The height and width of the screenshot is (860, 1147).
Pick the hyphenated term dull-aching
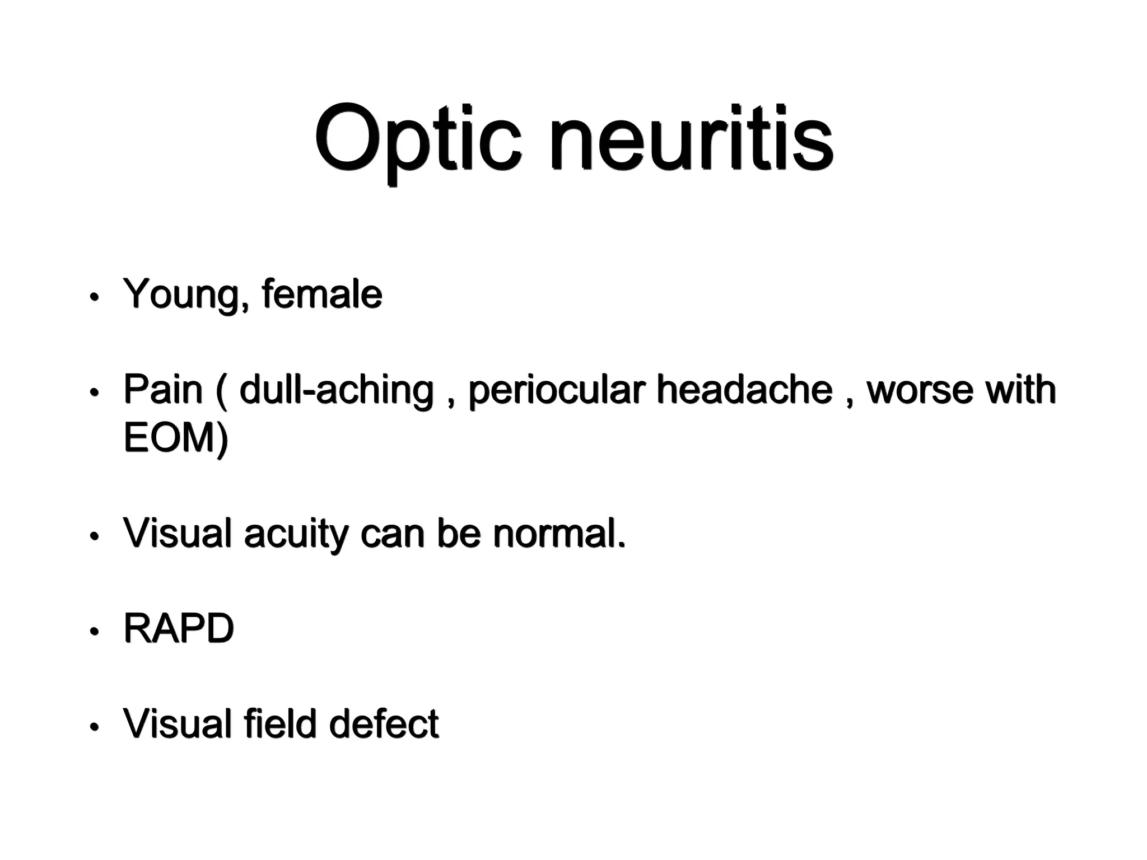coord(336,390)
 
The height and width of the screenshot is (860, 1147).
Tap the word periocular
coord(557,390)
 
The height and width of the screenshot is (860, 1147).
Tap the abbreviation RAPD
coord(178,628)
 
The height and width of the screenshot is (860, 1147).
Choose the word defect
coord(384,723)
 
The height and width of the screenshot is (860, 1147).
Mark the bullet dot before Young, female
coord(94,297)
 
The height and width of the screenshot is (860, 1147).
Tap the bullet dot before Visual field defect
coord(94,727)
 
